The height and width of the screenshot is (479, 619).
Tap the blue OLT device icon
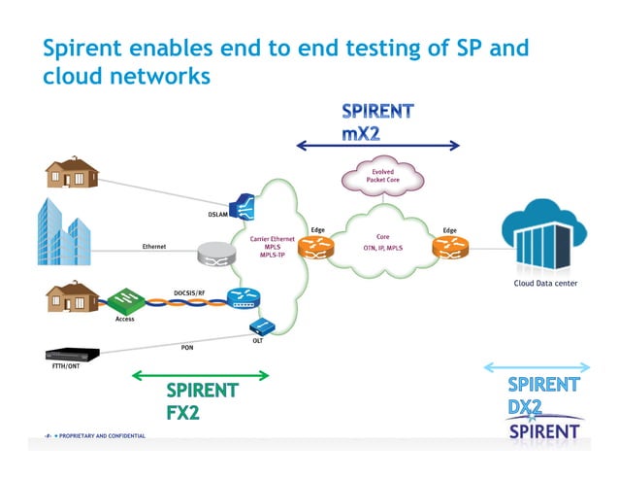259,326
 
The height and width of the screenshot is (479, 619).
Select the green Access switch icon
126,300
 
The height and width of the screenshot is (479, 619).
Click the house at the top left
73,172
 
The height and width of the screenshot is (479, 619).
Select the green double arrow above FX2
200,375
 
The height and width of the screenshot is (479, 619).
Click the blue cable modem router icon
239,299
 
